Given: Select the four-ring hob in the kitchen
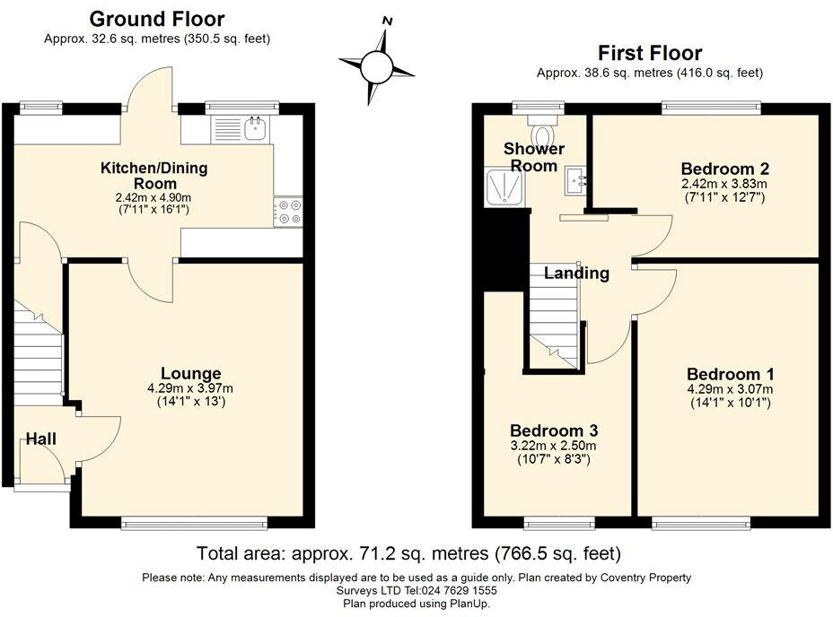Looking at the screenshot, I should (x=289, y=212).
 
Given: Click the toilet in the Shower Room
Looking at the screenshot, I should (x=543, y=121).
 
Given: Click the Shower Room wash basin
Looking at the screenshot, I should (x=576, y=183).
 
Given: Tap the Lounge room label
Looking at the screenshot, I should (x=191, y=373).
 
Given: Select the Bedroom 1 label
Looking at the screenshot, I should (x=730, y=374).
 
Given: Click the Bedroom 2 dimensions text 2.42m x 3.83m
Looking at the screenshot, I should (x=724, y=184).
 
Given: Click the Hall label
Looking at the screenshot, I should (x=40, y=439).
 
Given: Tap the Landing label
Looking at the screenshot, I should (x=576, y=274).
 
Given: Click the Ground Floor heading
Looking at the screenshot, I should (x=157, y=19).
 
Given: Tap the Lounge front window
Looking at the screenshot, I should (x=194, y=522).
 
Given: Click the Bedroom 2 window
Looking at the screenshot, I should (x=712, y=108).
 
